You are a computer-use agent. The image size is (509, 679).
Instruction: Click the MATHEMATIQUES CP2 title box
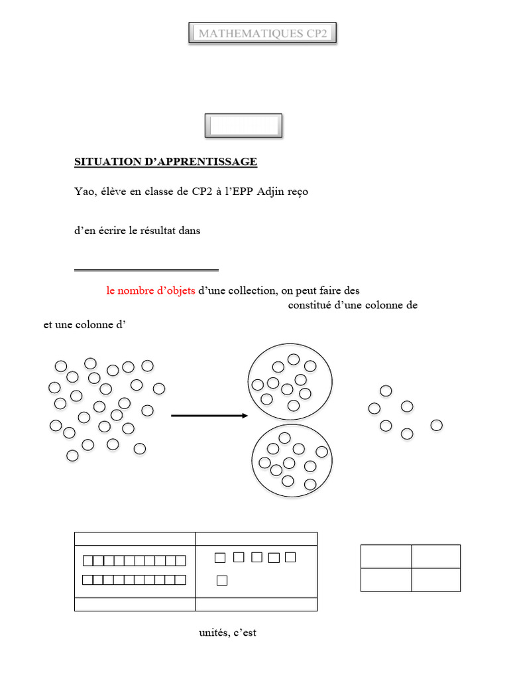tap(262, 33)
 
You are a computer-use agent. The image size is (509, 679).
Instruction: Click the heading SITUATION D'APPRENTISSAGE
tap(166, 162)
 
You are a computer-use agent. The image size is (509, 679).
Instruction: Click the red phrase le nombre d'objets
tap(150, 290)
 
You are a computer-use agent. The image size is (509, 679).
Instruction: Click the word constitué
tap(310, 305)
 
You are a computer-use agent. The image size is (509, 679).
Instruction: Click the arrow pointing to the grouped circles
tap(209, 416)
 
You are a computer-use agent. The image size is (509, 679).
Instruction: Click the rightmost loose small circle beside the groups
tap(436, 425)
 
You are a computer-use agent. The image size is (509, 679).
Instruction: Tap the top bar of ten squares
tap(134, 561)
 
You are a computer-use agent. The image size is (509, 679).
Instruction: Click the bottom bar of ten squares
tap(134, 580)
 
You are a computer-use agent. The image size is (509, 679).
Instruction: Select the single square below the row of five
tap(222, 580)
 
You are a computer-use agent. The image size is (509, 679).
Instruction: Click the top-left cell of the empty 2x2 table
tap(386, 556)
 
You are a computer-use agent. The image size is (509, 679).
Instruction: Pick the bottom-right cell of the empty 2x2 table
tap(436, 580)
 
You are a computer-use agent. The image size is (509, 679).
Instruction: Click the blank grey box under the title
tap(244, 126)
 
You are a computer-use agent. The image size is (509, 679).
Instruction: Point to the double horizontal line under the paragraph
tap(146, 271)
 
